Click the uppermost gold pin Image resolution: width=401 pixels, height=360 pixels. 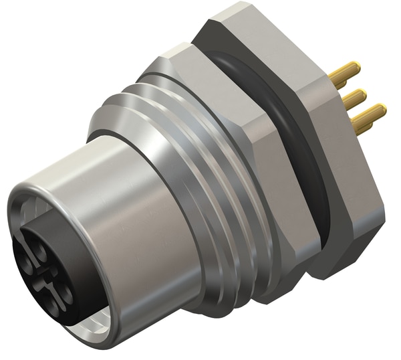click(347, 70)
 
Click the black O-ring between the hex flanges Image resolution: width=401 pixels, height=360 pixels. click(294, 114)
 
